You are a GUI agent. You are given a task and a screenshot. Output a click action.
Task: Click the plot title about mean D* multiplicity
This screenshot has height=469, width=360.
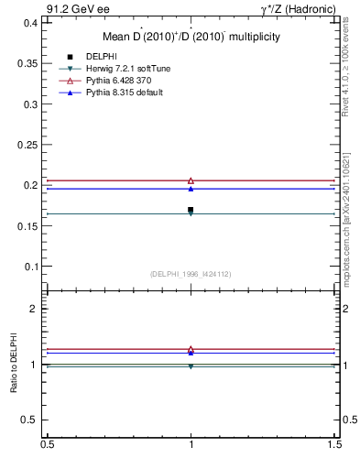point(191,37)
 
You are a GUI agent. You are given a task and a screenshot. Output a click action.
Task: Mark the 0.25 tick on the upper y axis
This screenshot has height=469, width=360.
point(28,145)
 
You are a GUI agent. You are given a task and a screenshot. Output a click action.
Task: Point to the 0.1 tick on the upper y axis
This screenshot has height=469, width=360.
point(31,267)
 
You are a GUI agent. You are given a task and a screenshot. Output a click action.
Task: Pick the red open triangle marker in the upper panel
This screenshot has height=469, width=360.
point(191,181)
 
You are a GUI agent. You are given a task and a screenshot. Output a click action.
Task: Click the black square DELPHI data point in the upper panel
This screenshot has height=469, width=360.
point(191,210)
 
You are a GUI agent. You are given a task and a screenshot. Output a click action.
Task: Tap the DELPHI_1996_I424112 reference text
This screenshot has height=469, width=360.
point(191,274)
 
